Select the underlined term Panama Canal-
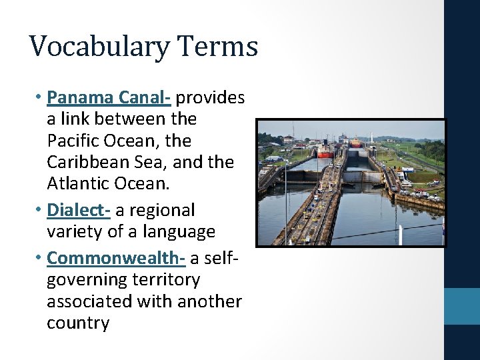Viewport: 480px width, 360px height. click(x=109, y=97)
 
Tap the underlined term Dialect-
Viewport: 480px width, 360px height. click(x=79, y=210)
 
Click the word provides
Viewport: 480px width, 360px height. click(x=211, y=97)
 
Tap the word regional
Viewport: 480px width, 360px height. click(x=155, y=210)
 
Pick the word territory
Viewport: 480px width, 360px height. click(x=167, y=279)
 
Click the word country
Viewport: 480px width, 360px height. click(x=78, y=323)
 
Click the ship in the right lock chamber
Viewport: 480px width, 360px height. click(x=356, y=142)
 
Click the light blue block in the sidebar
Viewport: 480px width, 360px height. click(x=462, y=306)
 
